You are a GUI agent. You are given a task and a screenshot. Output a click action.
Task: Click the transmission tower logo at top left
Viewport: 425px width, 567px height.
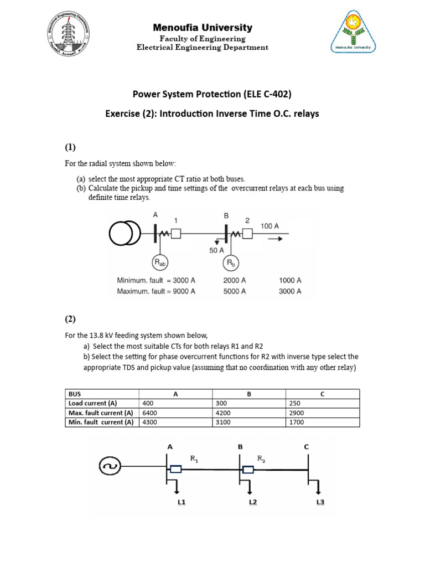pos(69,31)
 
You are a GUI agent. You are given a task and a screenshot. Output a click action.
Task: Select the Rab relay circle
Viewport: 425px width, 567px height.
pos(160,262)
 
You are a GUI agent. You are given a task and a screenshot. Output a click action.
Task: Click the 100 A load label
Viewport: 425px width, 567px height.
pos(269,226)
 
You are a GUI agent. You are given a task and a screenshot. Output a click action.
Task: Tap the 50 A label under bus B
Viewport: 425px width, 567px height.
pos(216,250)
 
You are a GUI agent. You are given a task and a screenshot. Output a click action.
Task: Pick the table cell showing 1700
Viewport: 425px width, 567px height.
pos(297,422)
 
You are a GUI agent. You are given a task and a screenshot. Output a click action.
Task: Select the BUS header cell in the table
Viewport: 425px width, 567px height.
pos(74,394)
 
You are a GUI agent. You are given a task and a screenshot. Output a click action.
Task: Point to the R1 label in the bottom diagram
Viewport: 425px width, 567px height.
pos(194,458)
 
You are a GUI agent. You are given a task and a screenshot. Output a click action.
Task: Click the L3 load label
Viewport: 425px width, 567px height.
pos(320,502)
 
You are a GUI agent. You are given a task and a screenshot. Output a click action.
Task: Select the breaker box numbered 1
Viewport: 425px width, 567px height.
pos(176,234)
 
